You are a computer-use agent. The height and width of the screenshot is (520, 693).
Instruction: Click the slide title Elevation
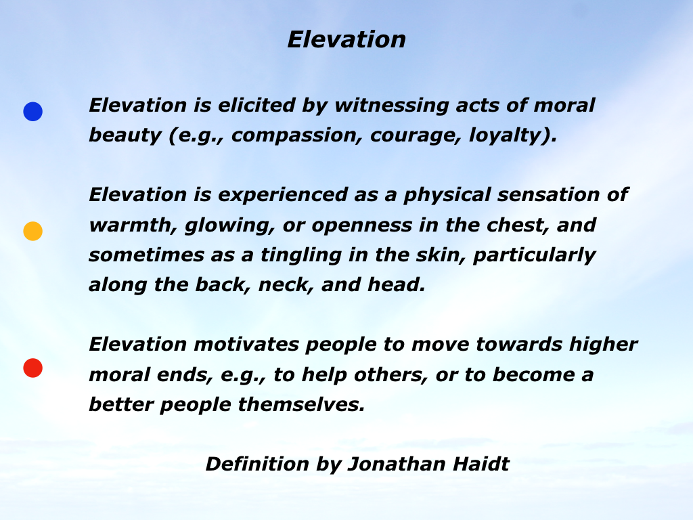(x=346, y=40)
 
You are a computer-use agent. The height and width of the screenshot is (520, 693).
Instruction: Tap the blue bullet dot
(x=32, y=112)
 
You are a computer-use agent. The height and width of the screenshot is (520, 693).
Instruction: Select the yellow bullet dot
(x=32, y=232)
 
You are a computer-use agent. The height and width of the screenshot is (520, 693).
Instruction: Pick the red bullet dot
(x=32, y=368)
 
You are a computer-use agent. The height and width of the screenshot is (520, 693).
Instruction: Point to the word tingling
(x=301, y=255)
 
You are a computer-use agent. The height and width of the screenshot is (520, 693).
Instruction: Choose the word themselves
(x=301, y=405)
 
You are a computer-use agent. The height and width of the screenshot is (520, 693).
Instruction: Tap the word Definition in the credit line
(x=257, y=464)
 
